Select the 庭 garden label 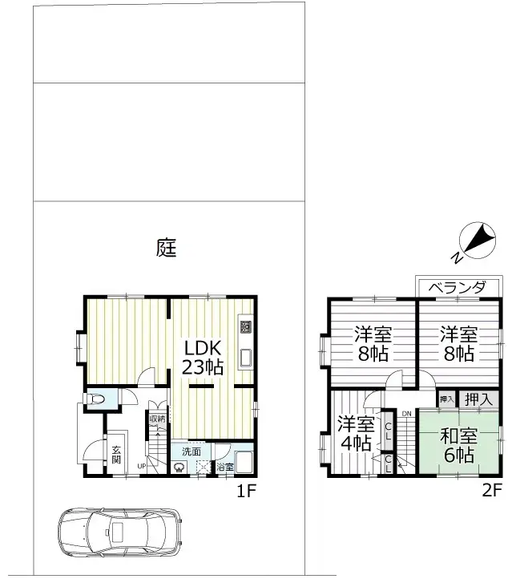pos(166,248)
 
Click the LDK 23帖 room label pos(202,358)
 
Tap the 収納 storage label pos(157,419)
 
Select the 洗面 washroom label pos(191,451)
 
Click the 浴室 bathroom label pos(224,467)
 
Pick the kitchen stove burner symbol pos(245,327)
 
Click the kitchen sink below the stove pos(245,358)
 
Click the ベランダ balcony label pos(457,287)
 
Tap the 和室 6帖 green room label pos(458,446)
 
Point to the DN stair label pos(407,414)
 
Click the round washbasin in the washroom pos(179,468)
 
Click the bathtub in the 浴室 pos(244,461)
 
